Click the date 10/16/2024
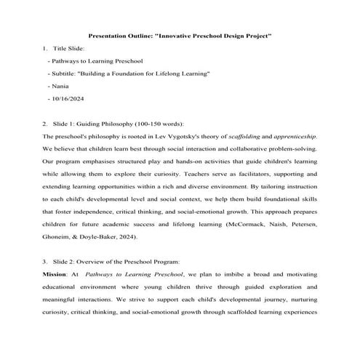point(68,97)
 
